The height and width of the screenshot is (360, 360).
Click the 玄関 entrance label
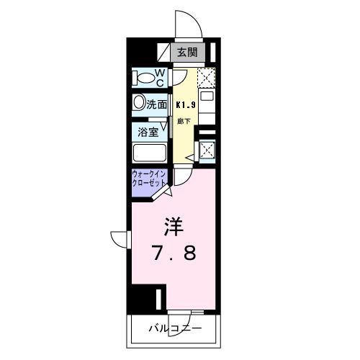coord(188,52)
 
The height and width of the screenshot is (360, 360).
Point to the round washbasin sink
coord(138,103)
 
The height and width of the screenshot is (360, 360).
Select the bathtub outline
coord(150,153)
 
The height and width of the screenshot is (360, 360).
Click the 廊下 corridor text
coord(184,120)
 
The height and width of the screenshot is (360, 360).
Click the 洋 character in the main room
coord(173,228)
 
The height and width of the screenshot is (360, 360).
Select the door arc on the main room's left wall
coord(119,240)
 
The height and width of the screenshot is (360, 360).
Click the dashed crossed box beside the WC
coord(206,76)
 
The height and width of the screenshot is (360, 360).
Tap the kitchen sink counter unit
coord(207,108)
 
